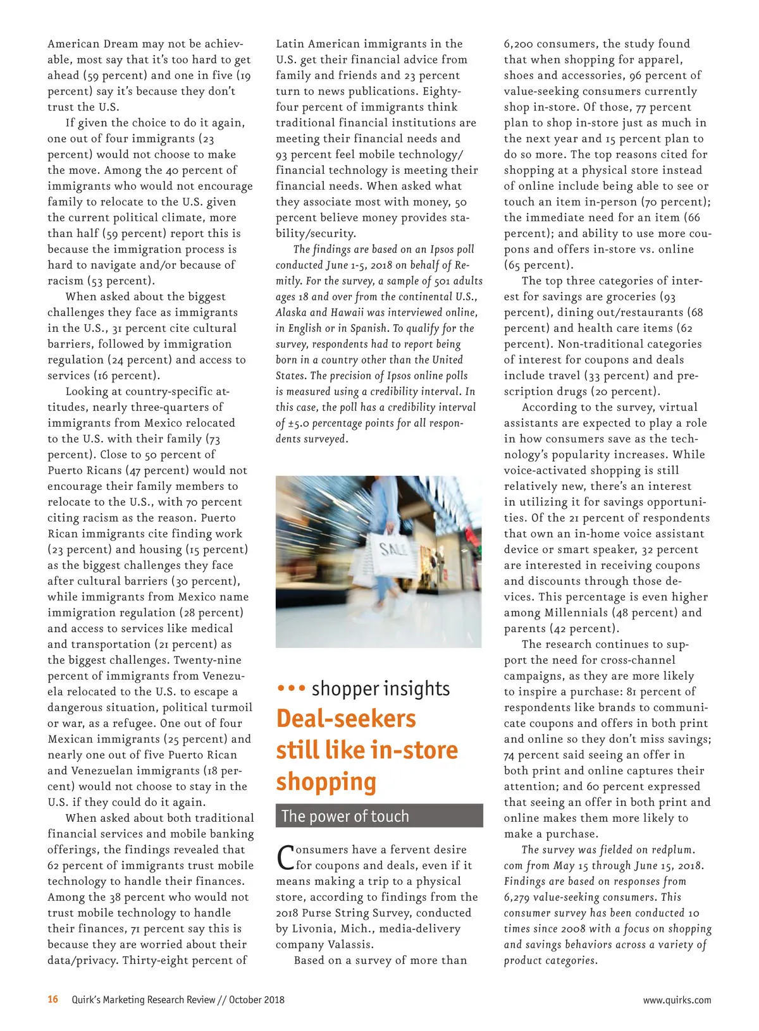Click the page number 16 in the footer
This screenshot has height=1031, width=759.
coord(53,999)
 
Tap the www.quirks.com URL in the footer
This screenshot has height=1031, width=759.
coord(677,1000)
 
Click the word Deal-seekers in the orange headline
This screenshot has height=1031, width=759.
coord(346,719)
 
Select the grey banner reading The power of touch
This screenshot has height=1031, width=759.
coord(379,816)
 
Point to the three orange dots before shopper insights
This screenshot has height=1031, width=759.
coord(292,688)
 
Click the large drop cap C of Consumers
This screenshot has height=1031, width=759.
coord(285,857)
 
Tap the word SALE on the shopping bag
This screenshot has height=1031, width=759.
coord(393,548)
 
